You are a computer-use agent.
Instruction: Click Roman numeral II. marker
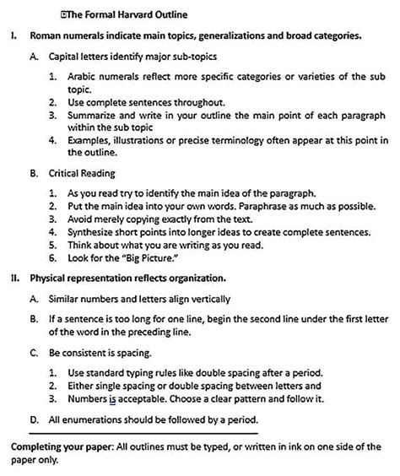coord(14,276)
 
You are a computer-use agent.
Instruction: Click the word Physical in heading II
coord(50,276)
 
